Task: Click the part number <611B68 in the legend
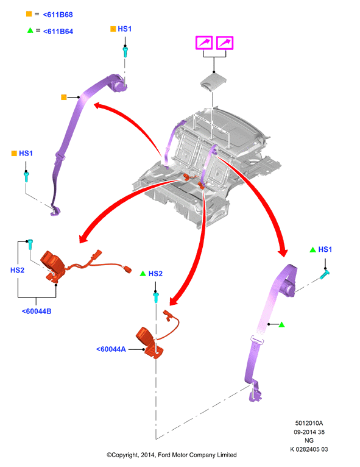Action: click(x=58, y=15)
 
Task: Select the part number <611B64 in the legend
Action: click(x=58, y=31)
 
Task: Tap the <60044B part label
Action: click(x=37, y=312)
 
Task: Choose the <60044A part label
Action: click(x=111, y=349)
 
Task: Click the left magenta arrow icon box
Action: click(x=204, y=43)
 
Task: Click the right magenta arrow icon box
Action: click(x=225, y=43)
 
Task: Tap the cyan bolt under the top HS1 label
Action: click(x=125, y=52)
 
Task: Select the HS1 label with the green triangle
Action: click(x=325, y=249)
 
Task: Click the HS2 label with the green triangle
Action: click(x=155, y=274)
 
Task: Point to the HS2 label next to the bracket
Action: click(x=17, y=270)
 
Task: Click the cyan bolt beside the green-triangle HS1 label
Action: click(x=324, y=274)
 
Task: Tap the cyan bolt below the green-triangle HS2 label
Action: click(x=155, y=298)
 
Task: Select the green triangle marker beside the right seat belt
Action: click(x=281, y=324)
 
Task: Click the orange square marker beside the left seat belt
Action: click(x=64, y=97)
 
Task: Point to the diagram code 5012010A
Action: click(x=309, y=423)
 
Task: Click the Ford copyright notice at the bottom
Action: click(x=172, y=455)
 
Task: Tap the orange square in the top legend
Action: click(x=29, y=14)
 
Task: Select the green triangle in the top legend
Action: click(x=30, y=30)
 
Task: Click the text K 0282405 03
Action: click(x=309, y=449)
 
